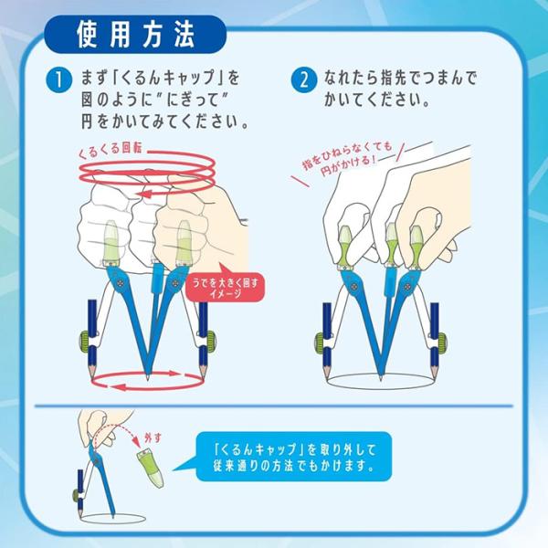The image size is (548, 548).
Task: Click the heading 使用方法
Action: tap(135, 35)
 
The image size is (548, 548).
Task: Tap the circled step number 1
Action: tap(58, 79)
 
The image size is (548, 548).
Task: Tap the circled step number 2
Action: tap(304, 79)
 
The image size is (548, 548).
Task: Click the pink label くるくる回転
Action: tap(110, 150)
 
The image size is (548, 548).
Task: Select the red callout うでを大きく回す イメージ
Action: tap(225, 288)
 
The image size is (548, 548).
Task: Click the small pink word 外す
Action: tap(153, 437)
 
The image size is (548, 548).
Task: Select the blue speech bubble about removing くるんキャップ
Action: tap(293, 457)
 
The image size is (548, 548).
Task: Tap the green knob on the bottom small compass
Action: tap(76, 495)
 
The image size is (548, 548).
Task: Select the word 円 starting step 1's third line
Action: tap(88, 121)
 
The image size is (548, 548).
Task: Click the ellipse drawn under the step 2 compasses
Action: tap(380, 388)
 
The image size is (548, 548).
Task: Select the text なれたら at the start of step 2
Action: tap(351, 78)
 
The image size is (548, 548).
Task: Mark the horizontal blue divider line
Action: tap(274, 406)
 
